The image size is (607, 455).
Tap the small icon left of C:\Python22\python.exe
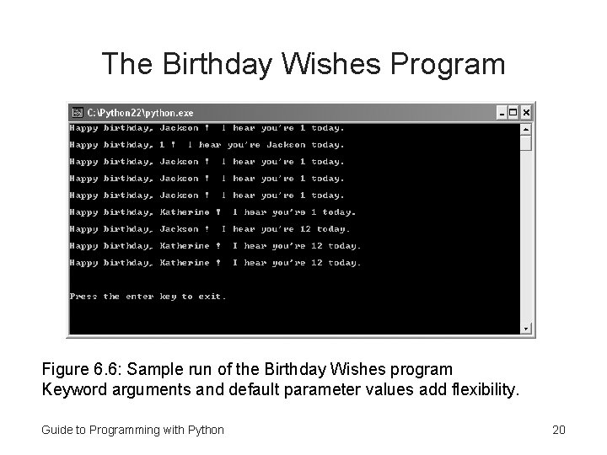coord(77,112)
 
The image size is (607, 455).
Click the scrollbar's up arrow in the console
coord(526,129)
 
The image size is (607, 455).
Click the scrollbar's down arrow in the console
coord(526,329)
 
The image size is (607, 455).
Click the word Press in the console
coord(83,297)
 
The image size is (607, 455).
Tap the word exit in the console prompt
coord(212,297)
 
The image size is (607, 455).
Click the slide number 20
coord(558,430)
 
